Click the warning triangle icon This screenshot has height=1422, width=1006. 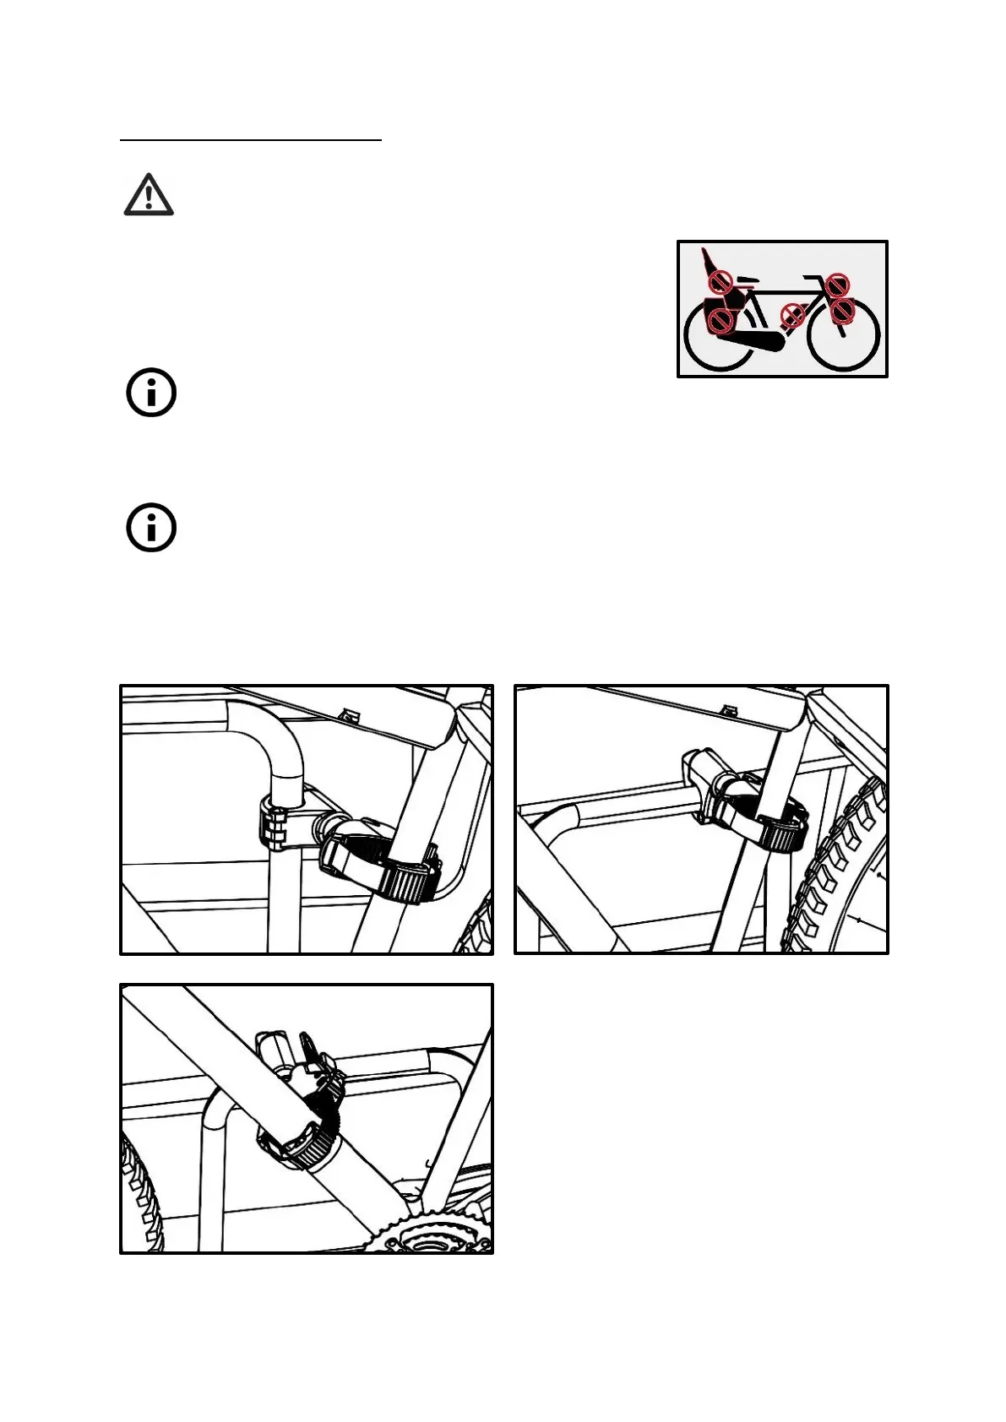[x=149, y=195]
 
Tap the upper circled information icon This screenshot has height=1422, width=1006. [x=151, y=393]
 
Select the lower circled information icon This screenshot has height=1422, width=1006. [x=151, y=529]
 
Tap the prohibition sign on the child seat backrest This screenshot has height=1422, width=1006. [x=719, y=280]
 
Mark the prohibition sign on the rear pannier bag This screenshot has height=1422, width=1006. [x=720, y=320]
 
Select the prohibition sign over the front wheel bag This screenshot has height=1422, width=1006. [x=842, y=312]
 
